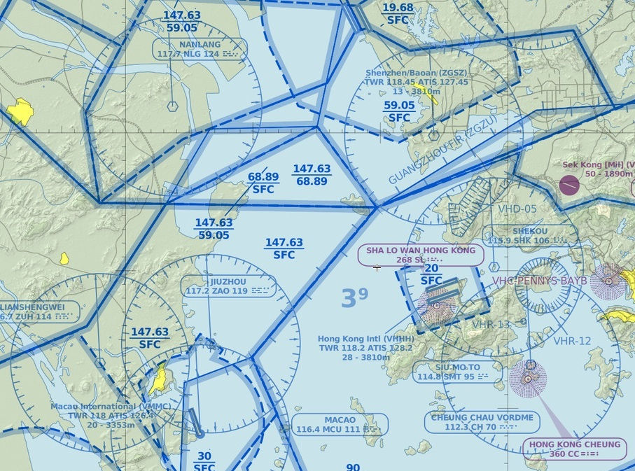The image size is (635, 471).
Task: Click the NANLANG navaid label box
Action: [200, 49]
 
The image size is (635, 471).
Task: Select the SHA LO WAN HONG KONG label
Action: [420, 255]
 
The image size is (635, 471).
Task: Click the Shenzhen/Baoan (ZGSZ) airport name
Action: [406, 73]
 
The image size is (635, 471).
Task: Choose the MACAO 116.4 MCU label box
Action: [340, 425]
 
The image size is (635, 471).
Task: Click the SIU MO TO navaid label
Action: [457, 372]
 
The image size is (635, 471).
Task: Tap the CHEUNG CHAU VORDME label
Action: [482, 422]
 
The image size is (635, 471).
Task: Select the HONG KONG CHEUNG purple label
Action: [574, 449]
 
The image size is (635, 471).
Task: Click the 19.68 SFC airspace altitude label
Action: [398, 13]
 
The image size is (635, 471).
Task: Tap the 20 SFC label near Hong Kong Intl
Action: [431, 274]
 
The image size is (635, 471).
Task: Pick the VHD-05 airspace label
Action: [517, 209]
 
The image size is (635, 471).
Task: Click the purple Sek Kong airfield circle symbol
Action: [569, 185]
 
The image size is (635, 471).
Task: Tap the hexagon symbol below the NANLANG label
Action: [172, 106]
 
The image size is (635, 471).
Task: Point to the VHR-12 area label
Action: [572, 341]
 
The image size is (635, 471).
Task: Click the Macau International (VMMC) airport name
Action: [93, 406]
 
